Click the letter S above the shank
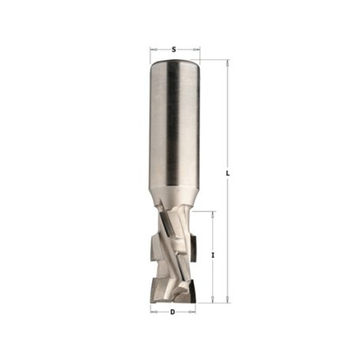[173, 49]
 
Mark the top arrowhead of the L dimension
[226, 62]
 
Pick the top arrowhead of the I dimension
[213, 214]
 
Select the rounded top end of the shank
[173, 63]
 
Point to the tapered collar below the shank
[173, 194]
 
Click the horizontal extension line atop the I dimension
[205, 211]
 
